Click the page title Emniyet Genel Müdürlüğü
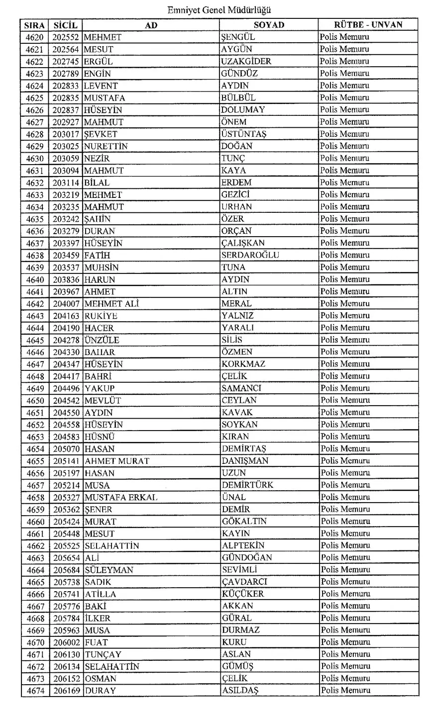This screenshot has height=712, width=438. (219, 9)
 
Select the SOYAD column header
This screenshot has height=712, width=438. (269, 25)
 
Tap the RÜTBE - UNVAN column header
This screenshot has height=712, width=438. (368, 25)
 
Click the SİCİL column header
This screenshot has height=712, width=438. (66, 25)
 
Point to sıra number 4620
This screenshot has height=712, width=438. (35, 37)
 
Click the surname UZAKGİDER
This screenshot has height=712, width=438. (246, 62)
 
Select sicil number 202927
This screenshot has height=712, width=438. (66, 122)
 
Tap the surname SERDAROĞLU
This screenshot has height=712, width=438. (250, 255)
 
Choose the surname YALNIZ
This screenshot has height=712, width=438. (237, 316)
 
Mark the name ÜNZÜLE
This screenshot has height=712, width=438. (102, 340)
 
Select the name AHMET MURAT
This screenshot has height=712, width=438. (117, 461)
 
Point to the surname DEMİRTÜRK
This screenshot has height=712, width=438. (247, 485)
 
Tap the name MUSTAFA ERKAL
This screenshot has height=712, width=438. (121, 497)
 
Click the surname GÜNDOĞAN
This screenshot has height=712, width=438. (247, 558)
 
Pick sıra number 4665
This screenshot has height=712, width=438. (35, 582)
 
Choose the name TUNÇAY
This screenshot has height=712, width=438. (103, 654)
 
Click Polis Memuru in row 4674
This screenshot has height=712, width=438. (345, 691)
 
